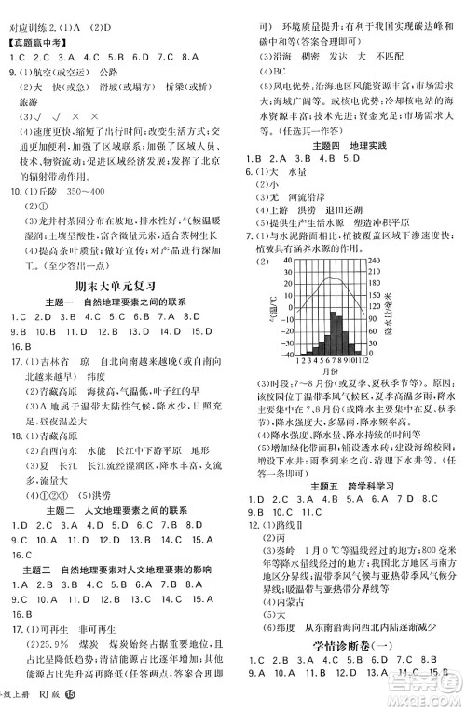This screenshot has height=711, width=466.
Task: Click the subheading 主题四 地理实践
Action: click(x=350, y=147)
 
